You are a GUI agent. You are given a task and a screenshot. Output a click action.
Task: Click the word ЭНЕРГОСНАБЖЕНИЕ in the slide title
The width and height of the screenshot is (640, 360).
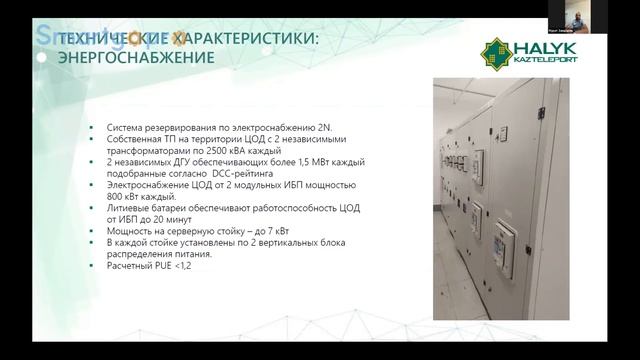click(x=137, y=58)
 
